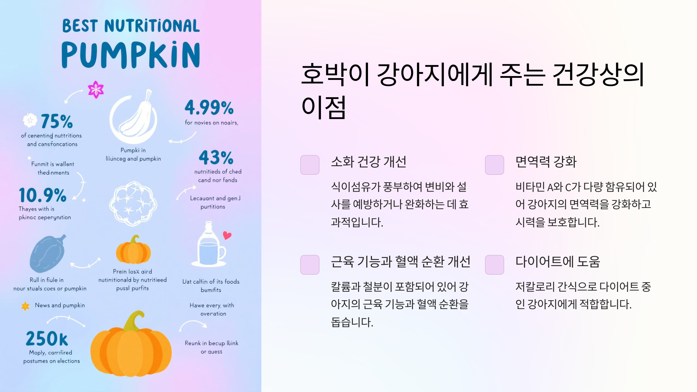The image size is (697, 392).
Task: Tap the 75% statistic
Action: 57,121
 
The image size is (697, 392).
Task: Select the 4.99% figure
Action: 209,108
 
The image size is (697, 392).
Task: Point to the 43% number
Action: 216,158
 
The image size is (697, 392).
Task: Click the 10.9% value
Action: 43,195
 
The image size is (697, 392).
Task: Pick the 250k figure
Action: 47,339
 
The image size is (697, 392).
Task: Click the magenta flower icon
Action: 96,89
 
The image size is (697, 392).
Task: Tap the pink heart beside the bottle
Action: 227,235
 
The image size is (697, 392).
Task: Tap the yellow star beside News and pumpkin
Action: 26,306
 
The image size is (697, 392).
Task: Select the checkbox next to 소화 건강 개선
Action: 310,165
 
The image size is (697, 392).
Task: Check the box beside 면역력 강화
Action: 494,165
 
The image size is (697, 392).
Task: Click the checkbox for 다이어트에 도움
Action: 494,265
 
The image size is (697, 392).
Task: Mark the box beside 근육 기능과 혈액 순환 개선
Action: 310,265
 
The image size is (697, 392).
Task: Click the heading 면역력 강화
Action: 546,162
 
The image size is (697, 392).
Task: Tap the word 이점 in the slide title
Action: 324,107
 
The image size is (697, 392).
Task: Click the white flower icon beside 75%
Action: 30,120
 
